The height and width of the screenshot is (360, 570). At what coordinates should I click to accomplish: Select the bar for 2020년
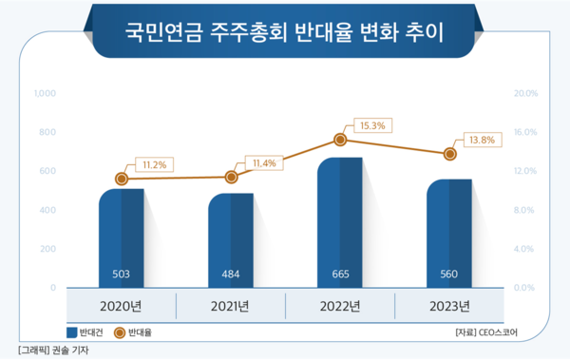(x=121, y=237)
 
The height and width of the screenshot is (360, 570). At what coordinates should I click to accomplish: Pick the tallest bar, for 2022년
(x=339, y=222)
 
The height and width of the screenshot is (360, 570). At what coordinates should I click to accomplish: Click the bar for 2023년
(x=448, y=233)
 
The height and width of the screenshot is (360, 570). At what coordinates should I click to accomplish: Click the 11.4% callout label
(x=263, y=163)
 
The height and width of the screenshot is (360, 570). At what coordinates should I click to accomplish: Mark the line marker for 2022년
(x=340, y=140)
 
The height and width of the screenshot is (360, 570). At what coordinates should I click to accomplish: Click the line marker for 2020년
(x=121, y=179)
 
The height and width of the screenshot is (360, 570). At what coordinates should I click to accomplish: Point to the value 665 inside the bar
(x=339, y=275)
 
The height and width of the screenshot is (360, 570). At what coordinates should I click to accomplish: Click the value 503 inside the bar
(x=121, y=275)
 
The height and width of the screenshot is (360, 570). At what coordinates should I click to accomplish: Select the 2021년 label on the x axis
(x=230, y=306)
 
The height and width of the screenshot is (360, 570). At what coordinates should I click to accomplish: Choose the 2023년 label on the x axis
(x=449, y=306)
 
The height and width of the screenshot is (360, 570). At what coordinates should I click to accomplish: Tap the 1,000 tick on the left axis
(x=44, y=94)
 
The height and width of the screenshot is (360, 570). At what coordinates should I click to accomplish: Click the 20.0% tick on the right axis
(x=525, y=94)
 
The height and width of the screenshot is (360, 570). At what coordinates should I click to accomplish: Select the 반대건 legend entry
(x=85, y=332)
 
